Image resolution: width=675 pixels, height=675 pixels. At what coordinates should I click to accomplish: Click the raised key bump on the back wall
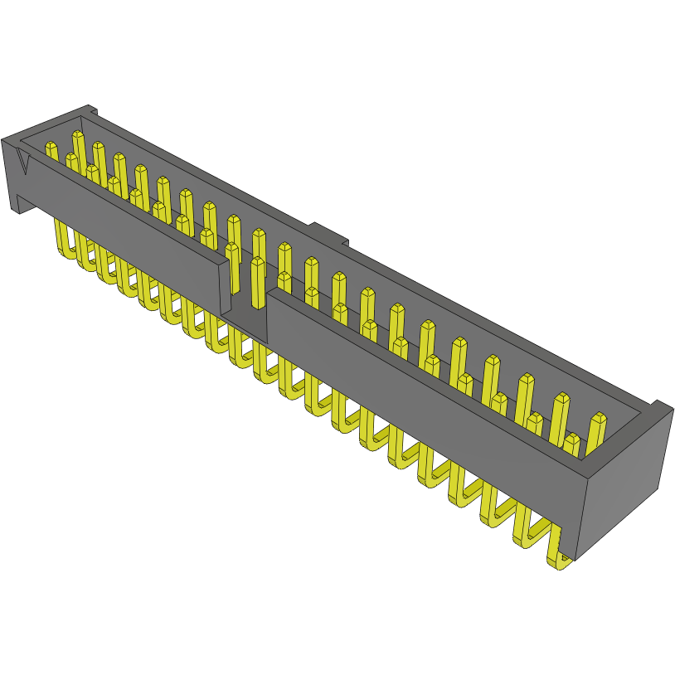pyautogui.click(x=329, y=234)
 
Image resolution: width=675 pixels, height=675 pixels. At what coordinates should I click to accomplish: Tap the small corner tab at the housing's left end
pyautogui.click(x=91, y=110)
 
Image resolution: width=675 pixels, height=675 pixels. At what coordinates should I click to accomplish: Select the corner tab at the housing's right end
pyautogui.click(x=660, y=406)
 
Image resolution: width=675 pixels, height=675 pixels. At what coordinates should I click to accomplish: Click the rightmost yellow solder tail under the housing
pyautogui.click(x=560, y=556)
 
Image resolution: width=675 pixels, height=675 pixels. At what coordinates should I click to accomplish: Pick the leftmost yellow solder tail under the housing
pyautogui.click(x=63, y=240)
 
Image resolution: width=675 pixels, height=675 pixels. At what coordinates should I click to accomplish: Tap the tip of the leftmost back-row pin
pyautogui.click(x=78, y=135)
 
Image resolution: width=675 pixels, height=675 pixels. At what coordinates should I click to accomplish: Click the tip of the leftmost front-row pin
pyautogui.click(x=51, y=148)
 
